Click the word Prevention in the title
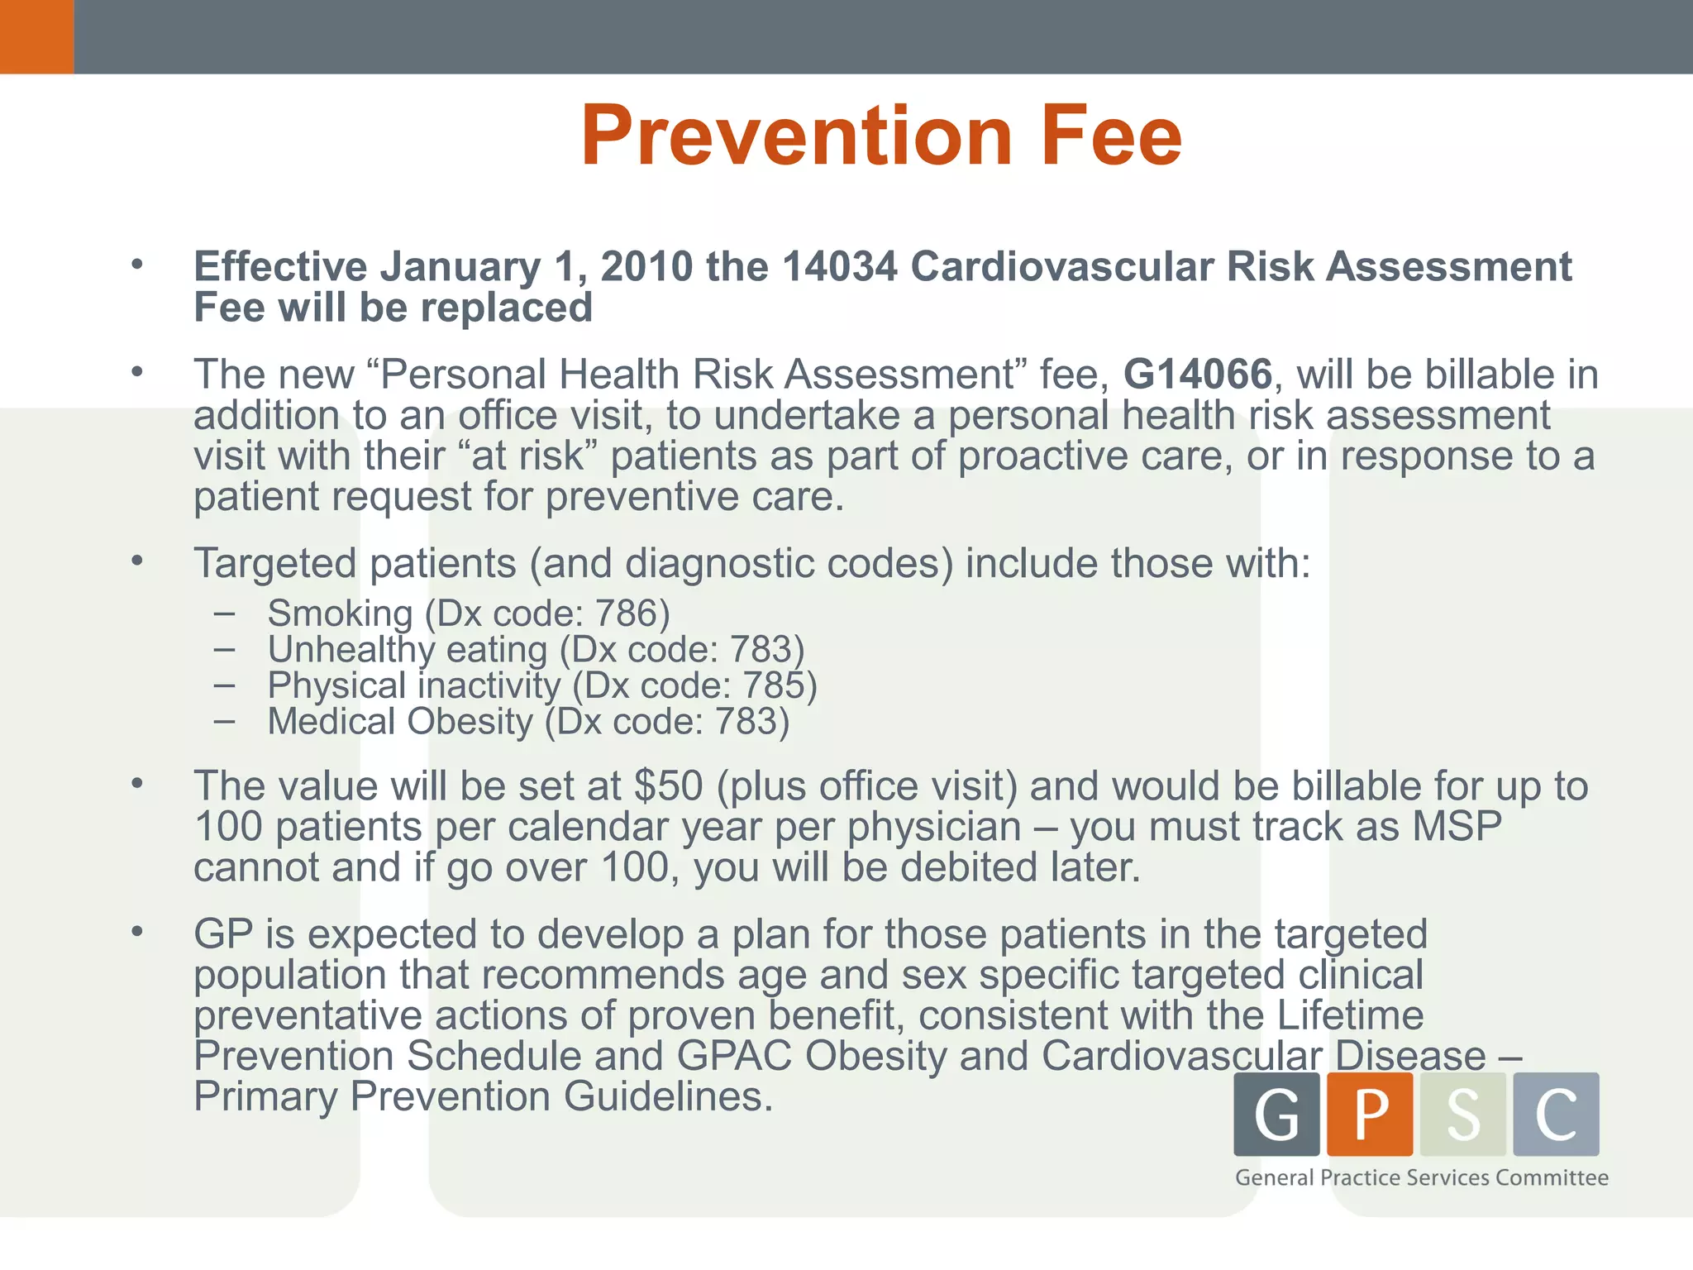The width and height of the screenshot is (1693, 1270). (796, 136)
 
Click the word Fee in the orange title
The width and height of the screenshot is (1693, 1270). (1111, 136)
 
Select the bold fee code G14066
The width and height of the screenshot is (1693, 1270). (1197, 375)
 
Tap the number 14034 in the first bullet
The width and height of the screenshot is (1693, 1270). (839, 267)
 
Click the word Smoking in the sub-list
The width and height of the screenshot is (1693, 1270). (340, 614)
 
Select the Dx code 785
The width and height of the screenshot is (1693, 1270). (774, 685)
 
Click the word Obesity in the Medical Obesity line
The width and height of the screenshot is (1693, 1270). (470, 722)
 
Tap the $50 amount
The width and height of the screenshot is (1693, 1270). (668, 785)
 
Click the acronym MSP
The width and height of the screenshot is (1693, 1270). (1457, 826)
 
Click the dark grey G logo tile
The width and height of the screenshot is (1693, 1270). (1276, 1114)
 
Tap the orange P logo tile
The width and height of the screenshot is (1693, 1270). (1370, 1114)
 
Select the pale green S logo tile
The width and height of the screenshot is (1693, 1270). (1462, 1114)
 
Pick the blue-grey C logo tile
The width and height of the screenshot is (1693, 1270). (1556, 1114)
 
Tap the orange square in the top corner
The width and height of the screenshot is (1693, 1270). (36, 36)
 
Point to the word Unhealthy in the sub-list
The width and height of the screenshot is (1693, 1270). (350, 650)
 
